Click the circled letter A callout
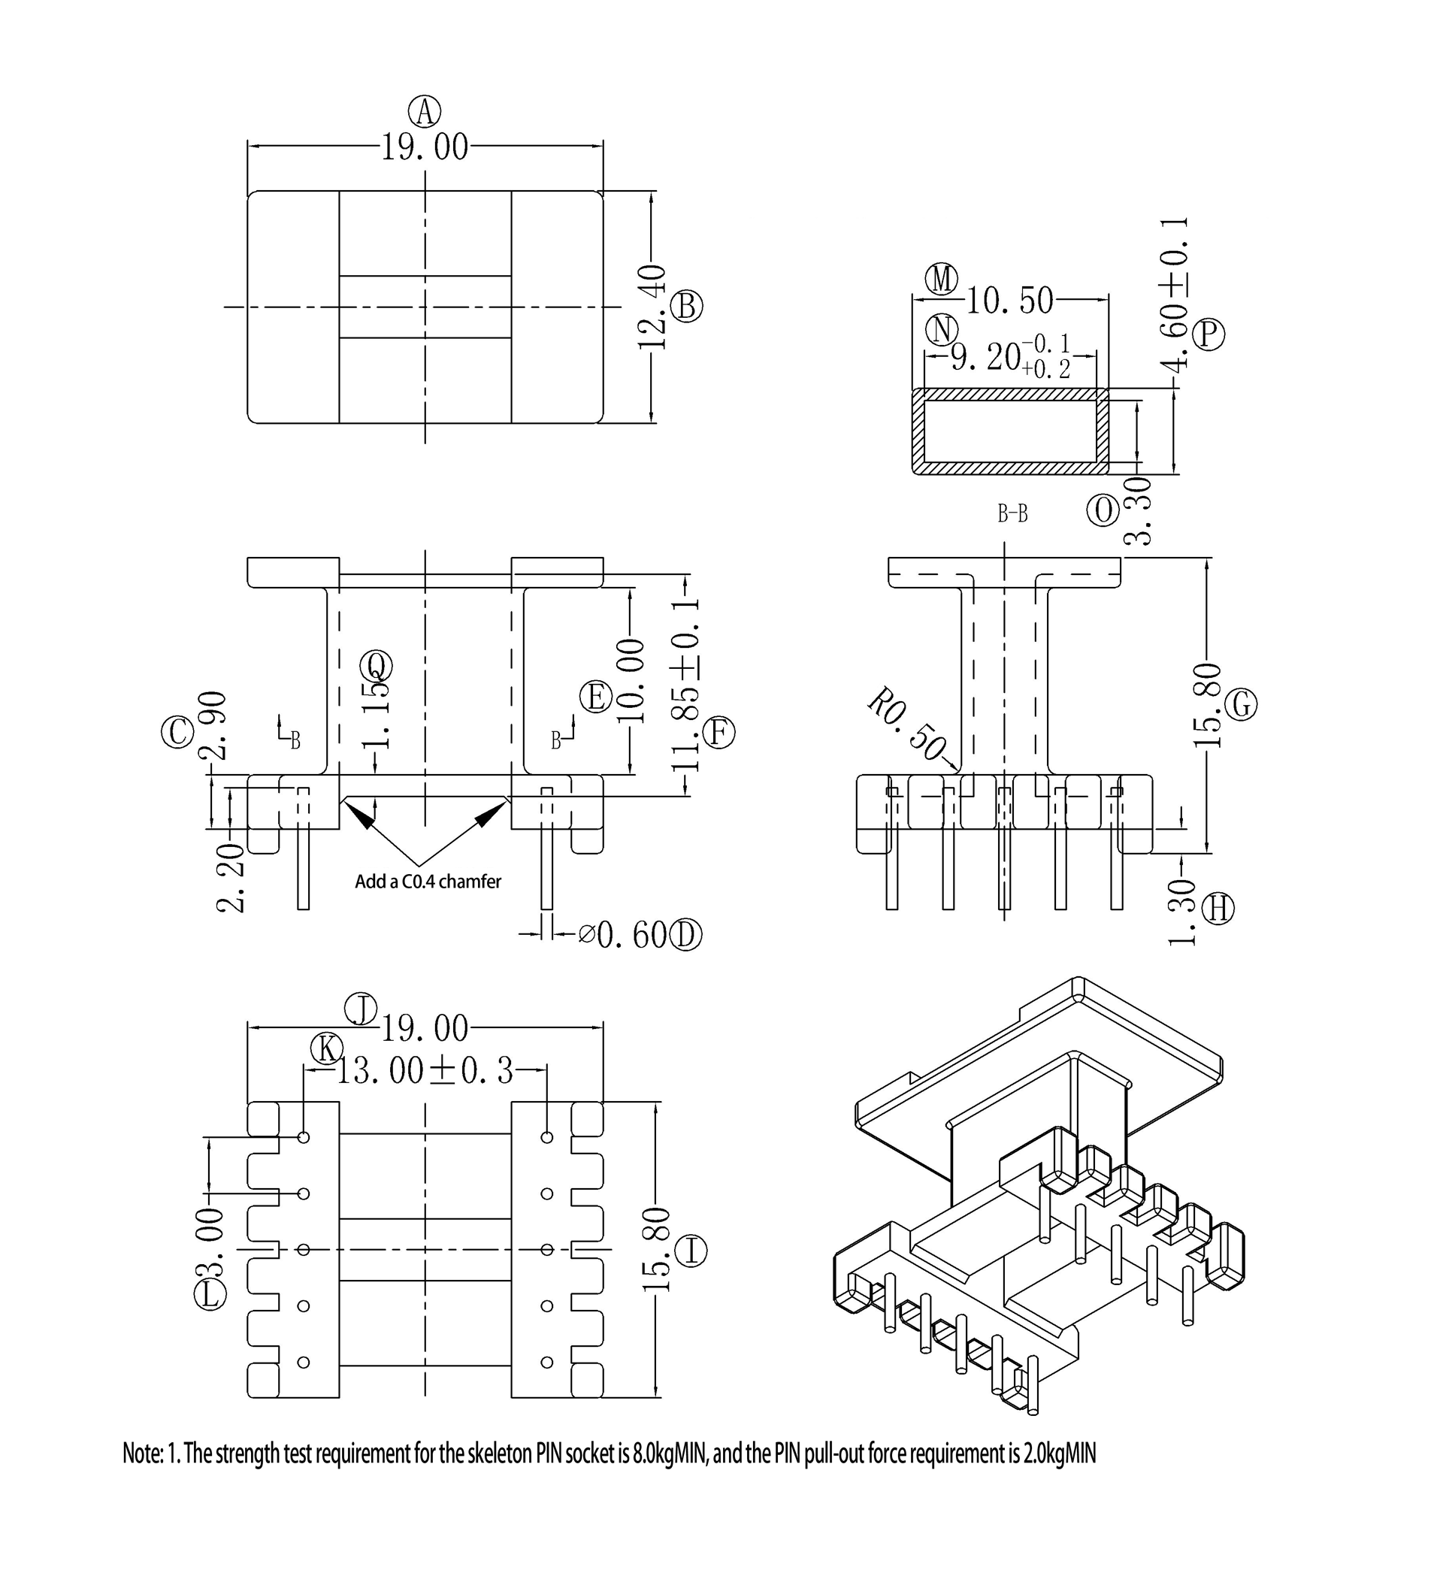tap(425, 111)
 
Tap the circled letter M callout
tap(942, 279)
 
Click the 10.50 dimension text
tap(1010, 301)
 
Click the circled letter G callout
tap(1241, 705)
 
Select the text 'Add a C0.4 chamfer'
tap(428, 882)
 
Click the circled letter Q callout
tap(377, 665)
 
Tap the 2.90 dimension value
tap(213, 725)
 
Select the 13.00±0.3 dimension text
tap(425, 1071)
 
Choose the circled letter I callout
tap(691, 1251)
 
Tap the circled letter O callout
tap(1103, 510)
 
